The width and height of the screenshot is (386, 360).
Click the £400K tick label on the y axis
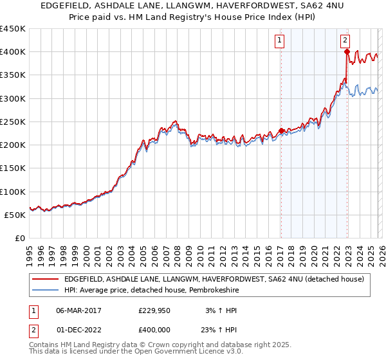coord(13,52)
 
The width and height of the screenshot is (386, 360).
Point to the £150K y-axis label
coord(13,168)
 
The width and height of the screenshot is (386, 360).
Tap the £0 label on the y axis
coord(19,238)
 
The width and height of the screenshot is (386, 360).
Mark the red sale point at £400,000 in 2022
coord(347,52)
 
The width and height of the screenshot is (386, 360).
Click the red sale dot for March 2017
coord(281,131)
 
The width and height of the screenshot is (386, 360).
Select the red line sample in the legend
coord(45,279)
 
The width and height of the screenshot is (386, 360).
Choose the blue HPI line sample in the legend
coord(45,289)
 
